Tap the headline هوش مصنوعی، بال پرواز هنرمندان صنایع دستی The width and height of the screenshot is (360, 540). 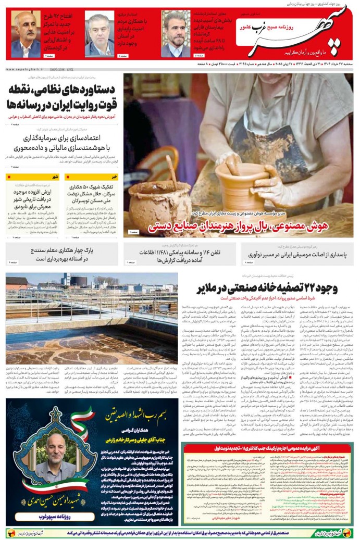[245, 225]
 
